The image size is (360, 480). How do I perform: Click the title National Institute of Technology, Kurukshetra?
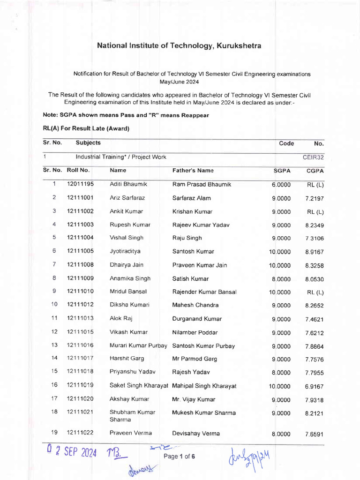click(179, 45)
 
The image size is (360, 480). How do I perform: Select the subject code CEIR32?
click(313, 157)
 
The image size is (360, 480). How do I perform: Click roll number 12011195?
click(80, 185)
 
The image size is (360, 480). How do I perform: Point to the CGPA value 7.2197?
click(314, 199)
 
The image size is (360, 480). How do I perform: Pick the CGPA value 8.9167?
click(314, 252)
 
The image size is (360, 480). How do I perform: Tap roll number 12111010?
click(80, 292)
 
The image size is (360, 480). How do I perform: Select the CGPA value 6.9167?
click(314, 387)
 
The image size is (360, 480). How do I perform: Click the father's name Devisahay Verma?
click(196, 434)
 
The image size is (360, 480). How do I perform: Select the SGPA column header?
click(283, 171)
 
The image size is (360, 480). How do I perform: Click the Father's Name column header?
click(193, 171)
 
